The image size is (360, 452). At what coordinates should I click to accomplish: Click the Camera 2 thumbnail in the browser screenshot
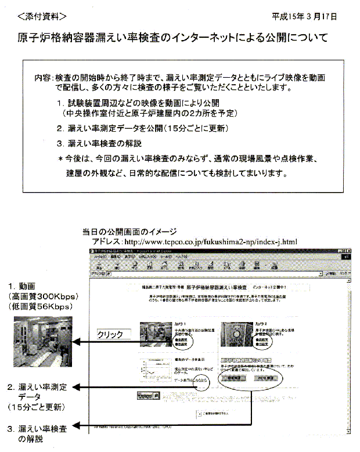[236, 331]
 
